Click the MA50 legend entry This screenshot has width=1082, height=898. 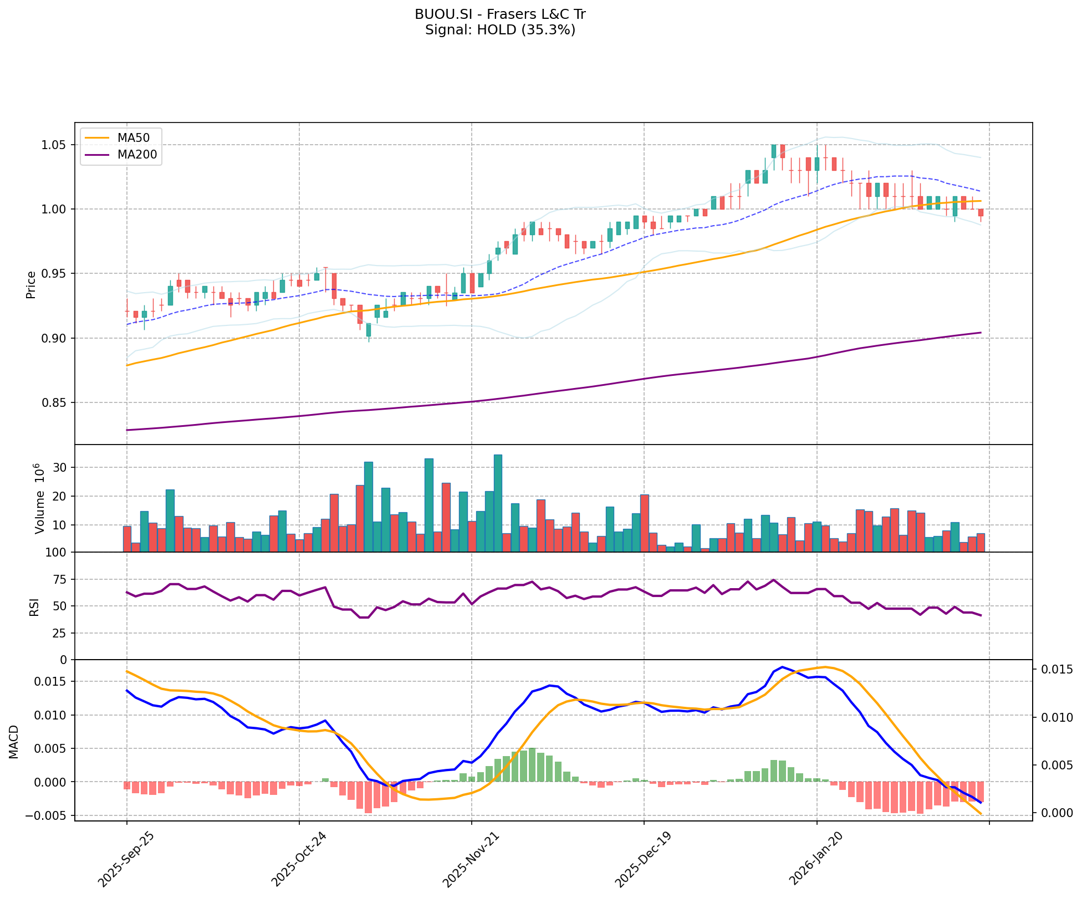(x=133, y=138)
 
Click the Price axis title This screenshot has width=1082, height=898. (x=31, y=284)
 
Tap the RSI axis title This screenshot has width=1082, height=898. (x=34, y=607)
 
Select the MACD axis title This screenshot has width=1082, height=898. (x=14, y=742)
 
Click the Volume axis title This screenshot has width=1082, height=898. (x=39, y=499)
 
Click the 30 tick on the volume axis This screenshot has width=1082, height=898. (x=61, y=468)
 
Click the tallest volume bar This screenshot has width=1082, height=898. (x=498, y=503)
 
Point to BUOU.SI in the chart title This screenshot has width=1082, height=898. (x=437, y=14)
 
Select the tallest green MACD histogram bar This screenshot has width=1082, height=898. (x=532, y=765)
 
